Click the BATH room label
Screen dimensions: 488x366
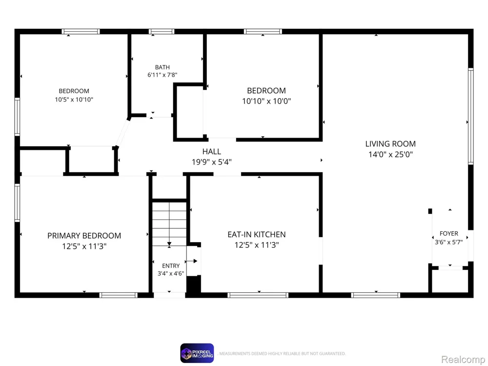click(x=163, y=67)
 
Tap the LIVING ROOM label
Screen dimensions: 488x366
click(x=390, y=144)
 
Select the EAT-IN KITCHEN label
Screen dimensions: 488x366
click(x=257, y=234)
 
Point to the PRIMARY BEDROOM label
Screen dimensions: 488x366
click(x=84, y=236)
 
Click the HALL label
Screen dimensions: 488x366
click(x=212, y=152)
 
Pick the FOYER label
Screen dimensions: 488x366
click(x=449, y=233)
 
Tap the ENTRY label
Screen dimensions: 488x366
click(x=171, y=266)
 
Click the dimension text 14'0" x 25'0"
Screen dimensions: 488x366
click(x=390, y=154)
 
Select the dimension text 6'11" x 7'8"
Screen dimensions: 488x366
click(x=163, y=75)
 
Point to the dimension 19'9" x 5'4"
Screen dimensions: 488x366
click(x=212, y=162)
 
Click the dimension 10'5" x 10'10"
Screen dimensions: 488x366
click(x=74, y=100)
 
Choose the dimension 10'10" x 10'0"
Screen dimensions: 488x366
click(x=266, y=101)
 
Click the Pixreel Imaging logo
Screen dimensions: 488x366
click(x=197, y=353)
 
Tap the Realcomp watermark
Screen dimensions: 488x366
click(x=463, y=360)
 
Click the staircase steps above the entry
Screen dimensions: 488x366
click(x=169, y=224)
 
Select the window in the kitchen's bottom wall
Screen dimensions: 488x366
click(x=258, y=295)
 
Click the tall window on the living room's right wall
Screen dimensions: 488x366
click(x=471, y=116)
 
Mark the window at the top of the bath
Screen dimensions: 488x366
click(x=162, y=31)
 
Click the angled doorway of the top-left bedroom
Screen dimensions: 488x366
click(x=122, y=133)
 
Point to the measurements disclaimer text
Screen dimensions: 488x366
click(x=282, y=353)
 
